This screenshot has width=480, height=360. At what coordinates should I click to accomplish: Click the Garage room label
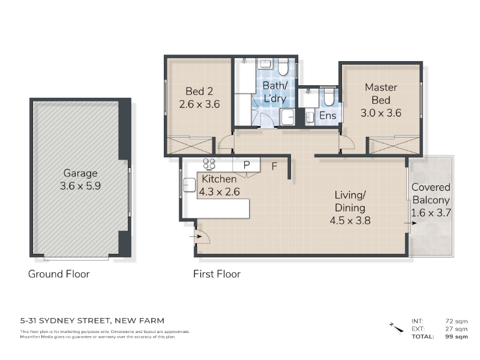click(80, 173)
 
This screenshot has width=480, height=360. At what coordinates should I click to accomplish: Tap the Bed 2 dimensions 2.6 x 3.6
click(199, 104)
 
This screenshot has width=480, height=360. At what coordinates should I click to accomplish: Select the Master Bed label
click(381, 94)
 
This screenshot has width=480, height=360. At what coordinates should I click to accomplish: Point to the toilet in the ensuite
click(329, 96)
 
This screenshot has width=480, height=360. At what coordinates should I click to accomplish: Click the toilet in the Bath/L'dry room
click(283, 67)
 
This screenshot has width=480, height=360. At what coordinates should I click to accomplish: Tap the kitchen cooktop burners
click(209, 163)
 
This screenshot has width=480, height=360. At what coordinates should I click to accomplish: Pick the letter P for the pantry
click(247, 165)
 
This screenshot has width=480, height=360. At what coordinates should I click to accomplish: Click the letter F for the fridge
click(274, 166)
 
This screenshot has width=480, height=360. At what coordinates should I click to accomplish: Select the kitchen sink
click(189, 185)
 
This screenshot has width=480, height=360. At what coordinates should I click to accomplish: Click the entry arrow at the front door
click(195, 236)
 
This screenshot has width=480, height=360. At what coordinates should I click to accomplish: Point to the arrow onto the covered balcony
click(410, 223)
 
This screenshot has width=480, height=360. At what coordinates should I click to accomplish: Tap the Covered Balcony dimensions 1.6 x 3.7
click(431, 212)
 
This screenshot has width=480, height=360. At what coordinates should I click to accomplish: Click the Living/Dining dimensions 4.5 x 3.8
click(350, 220)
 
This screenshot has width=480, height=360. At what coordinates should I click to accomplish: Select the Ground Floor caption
click(59, 274)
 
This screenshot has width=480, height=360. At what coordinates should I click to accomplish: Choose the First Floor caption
click(217, 274)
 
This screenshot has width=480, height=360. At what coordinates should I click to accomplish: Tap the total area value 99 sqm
click(457, 337)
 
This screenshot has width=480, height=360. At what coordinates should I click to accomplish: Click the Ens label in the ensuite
click(328, 115)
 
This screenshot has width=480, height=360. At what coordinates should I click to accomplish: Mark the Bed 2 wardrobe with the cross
click(190, 145)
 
